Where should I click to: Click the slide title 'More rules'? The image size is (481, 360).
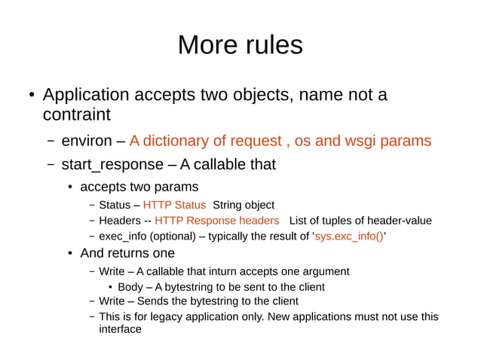tap(240, 45)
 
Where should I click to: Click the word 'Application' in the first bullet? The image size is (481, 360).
tap(86, 95)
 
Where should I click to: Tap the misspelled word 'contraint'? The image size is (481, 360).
tap(77, 115)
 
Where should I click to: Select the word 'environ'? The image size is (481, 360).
tap(85, 141)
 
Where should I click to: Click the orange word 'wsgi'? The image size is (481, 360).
tap(363, 141)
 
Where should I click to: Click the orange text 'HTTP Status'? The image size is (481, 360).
tap(174, 205)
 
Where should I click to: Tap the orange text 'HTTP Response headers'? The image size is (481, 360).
tap(216, 221)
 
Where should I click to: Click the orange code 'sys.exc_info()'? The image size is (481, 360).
tap(349, 236)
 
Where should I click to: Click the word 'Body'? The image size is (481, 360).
tap(130, 287)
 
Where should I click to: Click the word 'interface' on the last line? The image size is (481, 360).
tap(121, 329)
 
